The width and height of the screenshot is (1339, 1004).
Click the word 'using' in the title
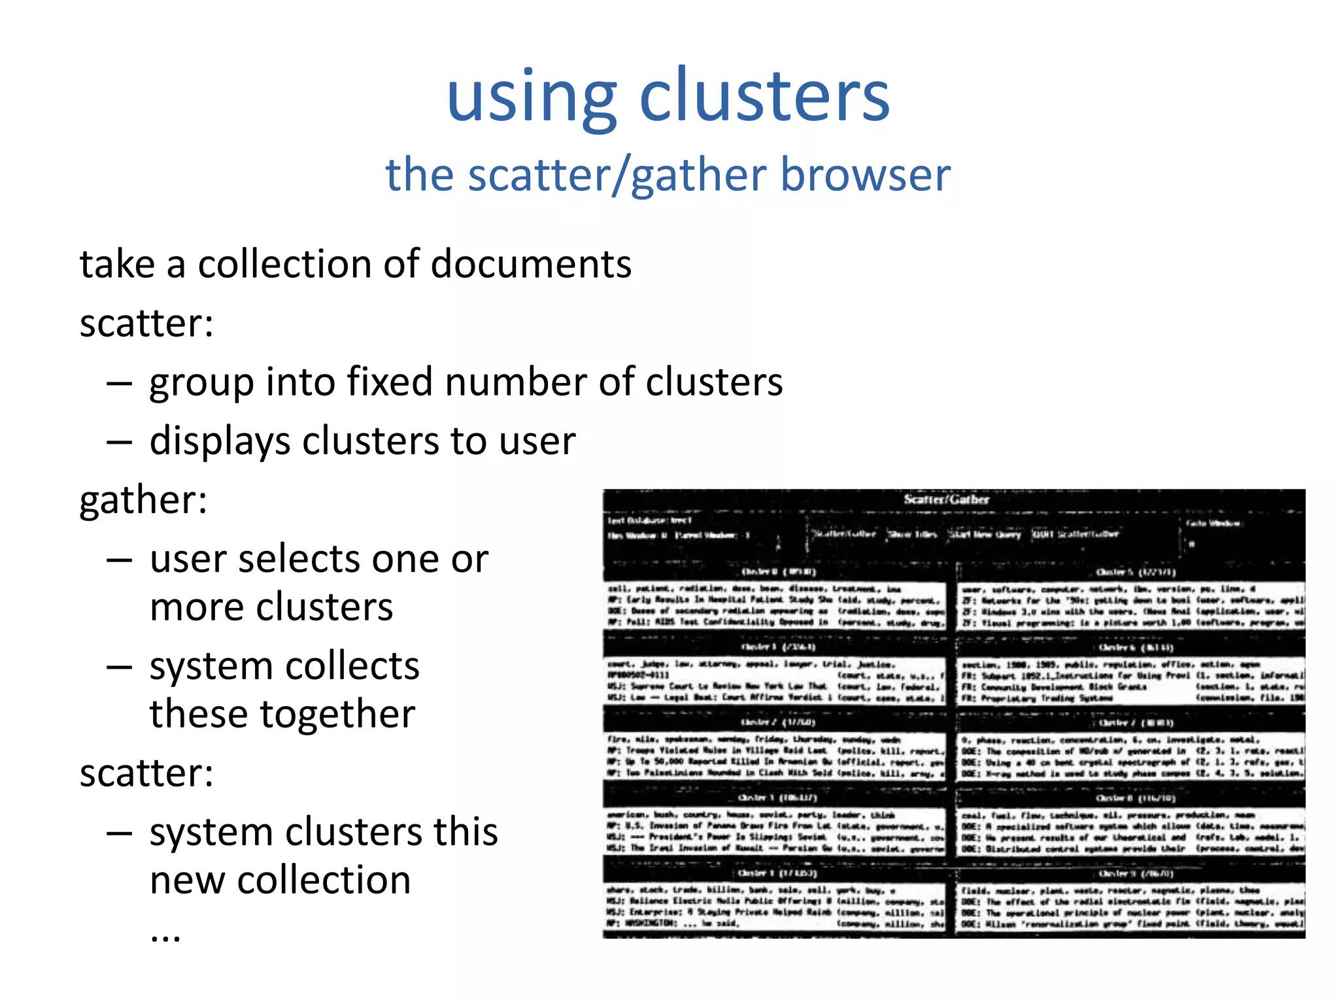[531, 98]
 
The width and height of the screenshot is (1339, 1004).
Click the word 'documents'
[531, 265]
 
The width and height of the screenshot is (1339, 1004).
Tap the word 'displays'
[220, 441]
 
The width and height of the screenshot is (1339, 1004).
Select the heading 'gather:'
[143, 501]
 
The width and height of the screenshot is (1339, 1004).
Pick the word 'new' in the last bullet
[188, 880]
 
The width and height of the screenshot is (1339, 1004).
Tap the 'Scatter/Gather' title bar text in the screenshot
[946, 499]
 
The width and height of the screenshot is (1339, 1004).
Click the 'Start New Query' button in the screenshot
[985, 534]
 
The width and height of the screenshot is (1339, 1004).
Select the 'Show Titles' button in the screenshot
[912, 534]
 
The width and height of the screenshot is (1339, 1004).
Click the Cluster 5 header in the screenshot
[1135, 572]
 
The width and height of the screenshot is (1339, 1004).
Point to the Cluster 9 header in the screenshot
[1136, 873]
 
